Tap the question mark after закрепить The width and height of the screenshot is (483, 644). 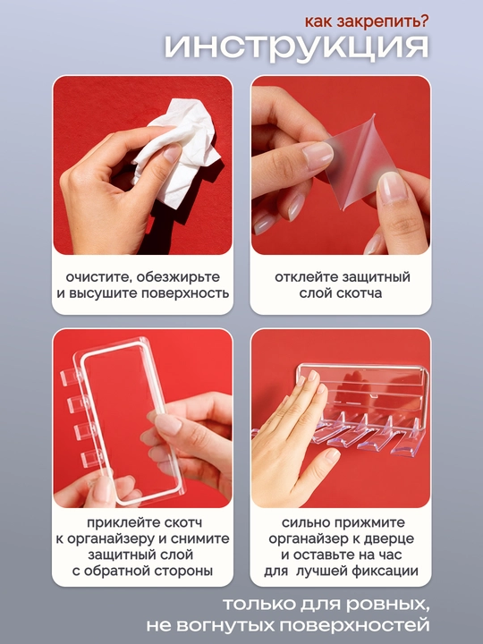click(423, 21)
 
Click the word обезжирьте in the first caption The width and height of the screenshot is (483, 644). click(178, 277)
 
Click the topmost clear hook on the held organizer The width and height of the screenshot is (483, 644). click(71, 377)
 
